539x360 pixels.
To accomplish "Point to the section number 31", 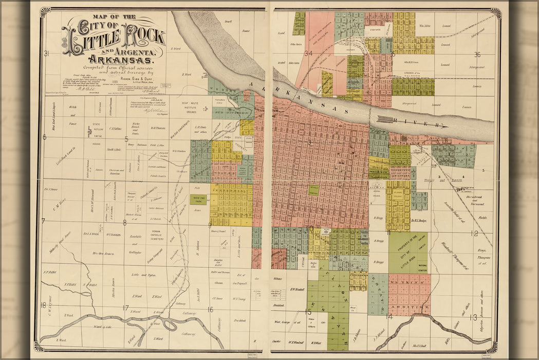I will point(46,53).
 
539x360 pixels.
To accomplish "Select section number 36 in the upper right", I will point(477,55).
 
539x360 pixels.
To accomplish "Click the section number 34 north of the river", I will point(308,53).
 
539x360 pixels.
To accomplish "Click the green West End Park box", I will point(198,199).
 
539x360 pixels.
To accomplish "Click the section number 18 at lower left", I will point(43,304).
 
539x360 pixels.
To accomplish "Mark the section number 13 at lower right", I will point(473,317).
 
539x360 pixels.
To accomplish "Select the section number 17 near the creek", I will point(125,308).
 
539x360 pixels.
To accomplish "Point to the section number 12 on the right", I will point(474,233).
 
